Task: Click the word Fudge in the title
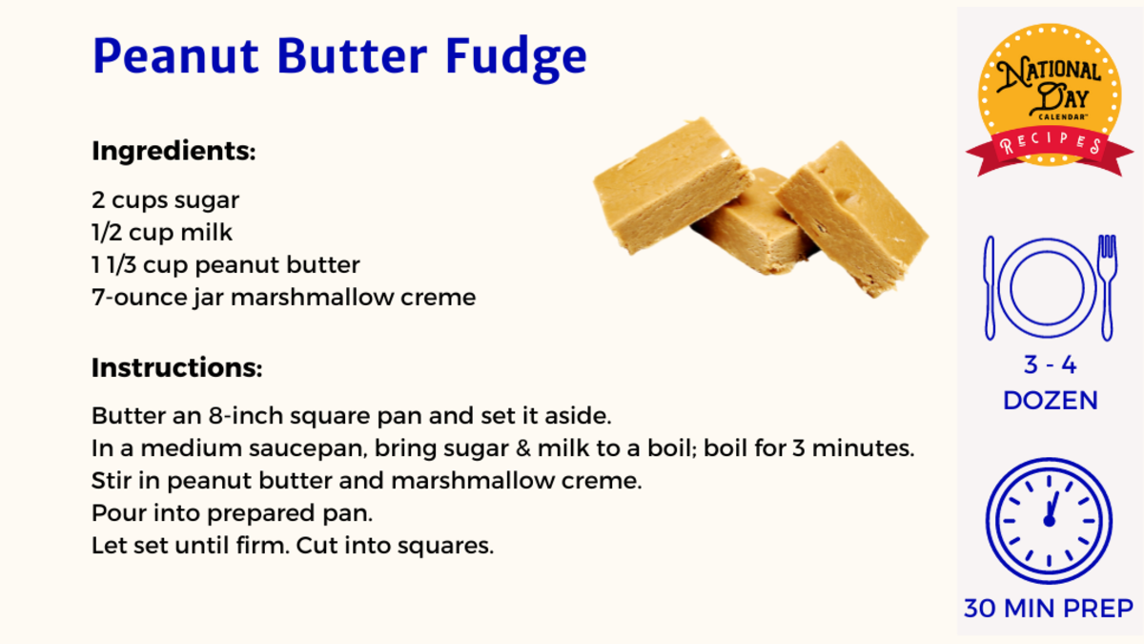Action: (516, 57)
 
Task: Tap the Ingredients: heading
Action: (174, 152)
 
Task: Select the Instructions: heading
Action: (176, 367)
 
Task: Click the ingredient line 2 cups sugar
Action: (166, 200)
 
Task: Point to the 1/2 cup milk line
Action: (162, 233)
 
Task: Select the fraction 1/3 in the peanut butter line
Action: (122, 265)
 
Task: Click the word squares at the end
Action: (445, 547)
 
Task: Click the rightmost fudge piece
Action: (852, 218)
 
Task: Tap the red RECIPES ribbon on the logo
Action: (1050, 147)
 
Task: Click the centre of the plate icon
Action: (1047, 288)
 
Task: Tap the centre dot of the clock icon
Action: (1050, 521)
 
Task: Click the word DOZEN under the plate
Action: (1051, 401)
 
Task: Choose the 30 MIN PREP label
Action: (1049, 609)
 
